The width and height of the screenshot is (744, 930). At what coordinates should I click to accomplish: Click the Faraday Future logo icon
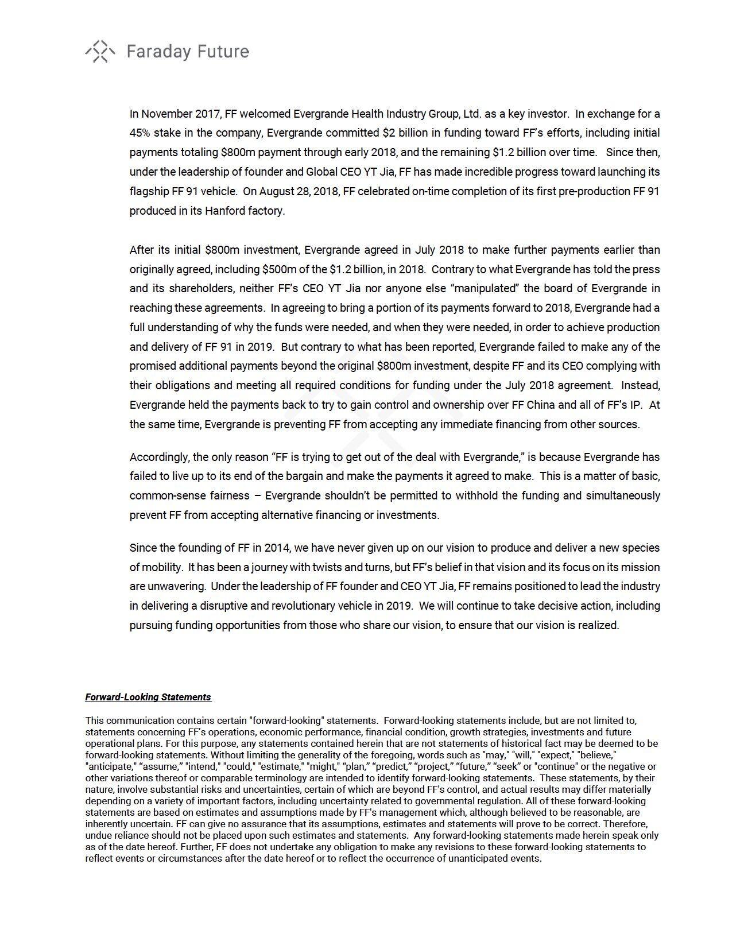[x=100, y=52]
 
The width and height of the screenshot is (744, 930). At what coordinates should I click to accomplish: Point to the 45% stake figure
[x=139, y=133]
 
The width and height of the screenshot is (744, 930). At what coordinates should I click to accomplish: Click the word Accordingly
[x=159, y=457]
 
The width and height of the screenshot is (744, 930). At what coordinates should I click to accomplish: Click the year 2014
[x=277, y=548]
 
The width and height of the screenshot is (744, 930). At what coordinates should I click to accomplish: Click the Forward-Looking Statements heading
[x=148, y=697]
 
